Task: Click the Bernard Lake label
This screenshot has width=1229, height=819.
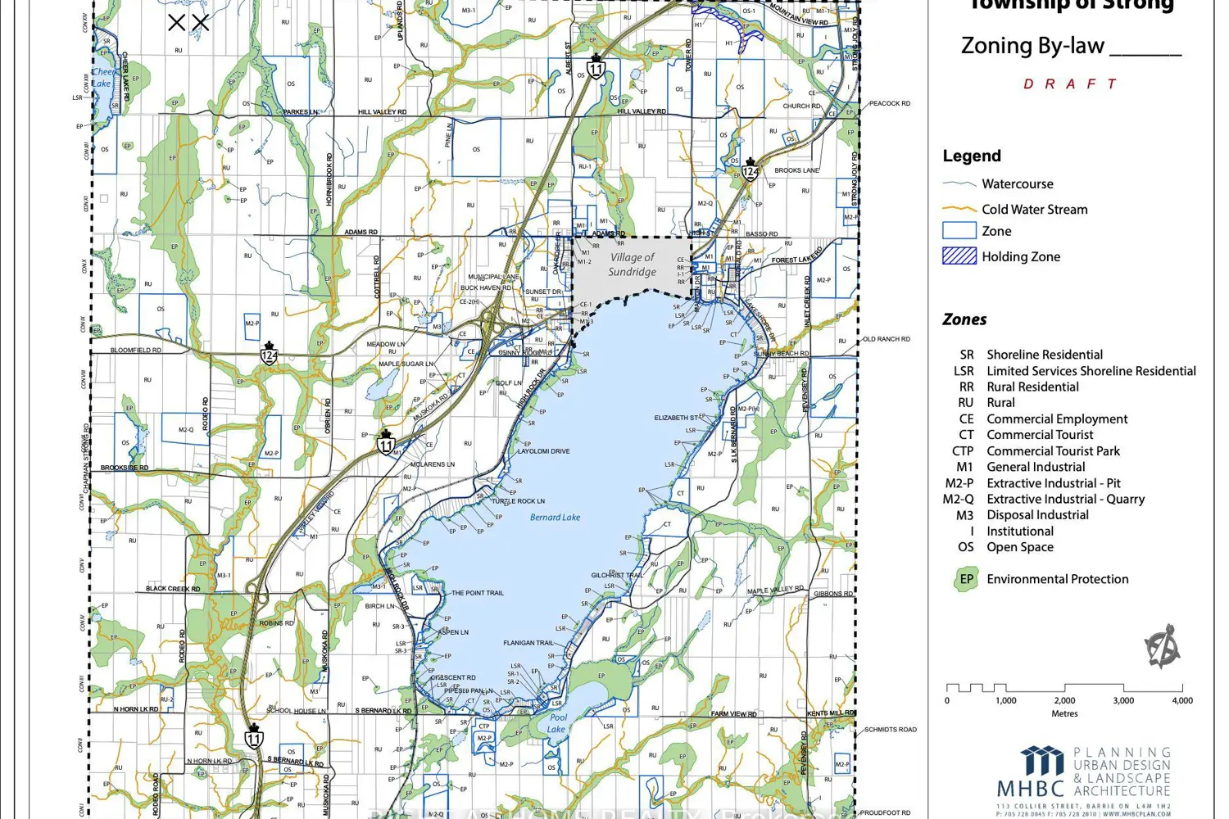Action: [555, 518]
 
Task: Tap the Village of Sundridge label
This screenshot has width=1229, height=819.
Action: [632, 265]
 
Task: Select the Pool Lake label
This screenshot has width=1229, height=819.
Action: [557, 723]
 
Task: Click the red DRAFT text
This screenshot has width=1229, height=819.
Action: [1070, 84]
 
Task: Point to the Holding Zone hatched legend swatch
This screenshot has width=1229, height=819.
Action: [959, 256]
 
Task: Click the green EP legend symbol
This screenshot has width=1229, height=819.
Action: [966, 579]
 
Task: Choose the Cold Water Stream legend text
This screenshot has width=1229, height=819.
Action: [1034, 210]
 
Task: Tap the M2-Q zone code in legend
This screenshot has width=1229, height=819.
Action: [958, 499]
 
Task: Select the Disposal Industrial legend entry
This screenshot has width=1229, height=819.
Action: [1037, 515]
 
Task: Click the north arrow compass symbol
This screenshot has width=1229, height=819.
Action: [1163, 647]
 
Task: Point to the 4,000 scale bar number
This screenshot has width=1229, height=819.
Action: [1181, 701]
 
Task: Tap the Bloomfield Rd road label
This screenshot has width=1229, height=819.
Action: [136, 351]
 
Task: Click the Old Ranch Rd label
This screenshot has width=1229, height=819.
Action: [886, 339]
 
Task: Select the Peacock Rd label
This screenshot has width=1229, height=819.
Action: [890, 104]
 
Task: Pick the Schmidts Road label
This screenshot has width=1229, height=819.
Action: [891, 730]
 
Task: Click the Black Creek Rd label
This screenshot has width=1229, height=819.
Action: [172, 589]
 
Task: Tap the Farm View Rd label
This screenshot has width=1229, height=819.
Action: [733, 714]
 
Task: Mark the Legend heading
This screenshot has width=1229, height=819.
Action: [972, 156]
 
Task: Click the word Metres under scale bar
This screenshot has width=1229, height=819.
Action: [1064, 714]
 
